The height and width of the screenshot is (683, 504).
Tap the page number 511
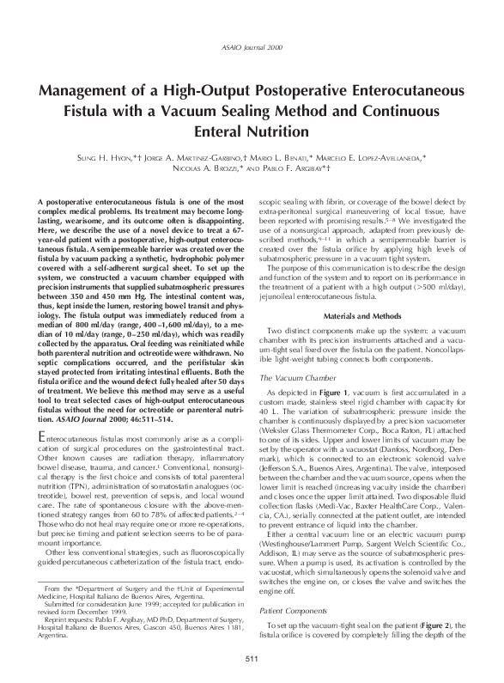[x=252, y=659]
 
